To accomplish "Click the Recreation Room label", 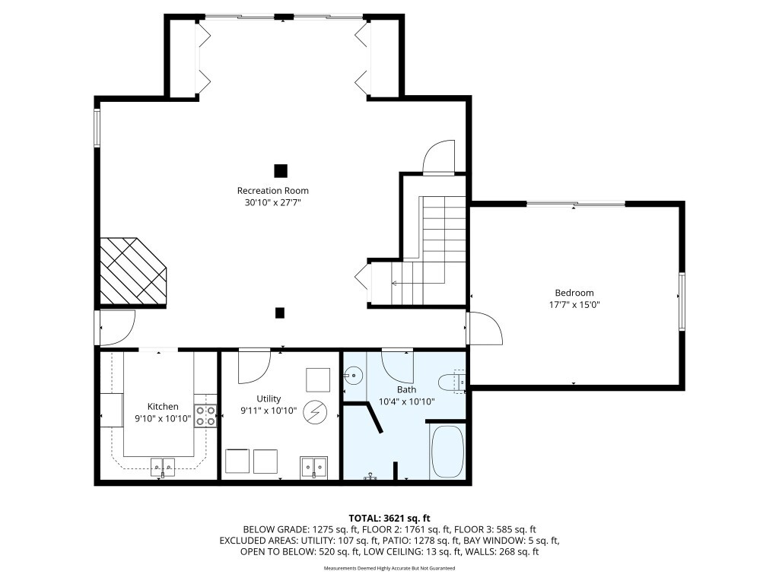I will coord(273,190).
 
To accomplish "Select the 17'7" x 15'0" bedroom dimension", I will coord(574,304).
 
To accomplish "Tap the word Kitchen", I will coord(163,407).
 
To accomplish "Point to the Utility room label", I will coord(269,398).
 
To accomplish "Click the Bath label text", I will coord(406,389).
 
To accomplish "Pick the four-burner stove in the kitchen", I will coord(205,414).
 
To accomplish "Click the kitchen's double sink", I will coord(162,465).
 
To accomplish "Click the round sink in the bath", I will coord(353,375).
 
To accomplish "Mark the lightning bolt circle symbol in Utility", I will coord(313,413).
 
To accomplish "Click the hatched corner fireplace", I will coord(131,271).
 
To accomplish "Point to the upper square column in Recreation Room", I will coord(281,170).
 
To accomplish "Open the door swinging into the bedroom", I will coord(484,328).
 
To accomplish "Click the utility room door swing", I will coord(253,366).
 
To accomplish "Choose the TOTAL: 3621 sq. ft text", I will coord(389,516).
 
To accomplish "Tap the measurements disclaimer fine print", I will coord(389,568).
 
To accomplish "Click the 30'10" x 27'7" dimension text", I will coord(273,202).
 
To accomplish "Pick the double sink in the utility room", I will coord(313,465).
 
